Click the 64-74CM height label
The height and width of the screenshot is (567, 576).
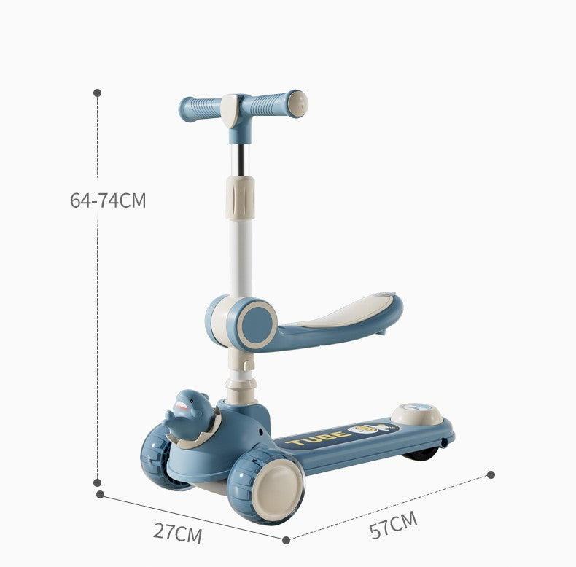108,200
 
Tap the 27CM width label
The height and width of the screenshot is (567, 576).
177,533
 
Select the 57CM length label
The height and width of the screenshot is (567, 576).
394,525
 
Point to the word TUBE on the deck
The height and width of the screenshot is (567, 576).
316,438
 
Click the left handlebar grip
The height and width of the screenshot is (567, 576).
201,109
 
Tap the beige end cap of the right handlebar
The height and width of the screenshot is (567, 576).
297,103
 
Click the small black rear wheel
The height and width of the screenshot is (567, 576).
421,454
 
